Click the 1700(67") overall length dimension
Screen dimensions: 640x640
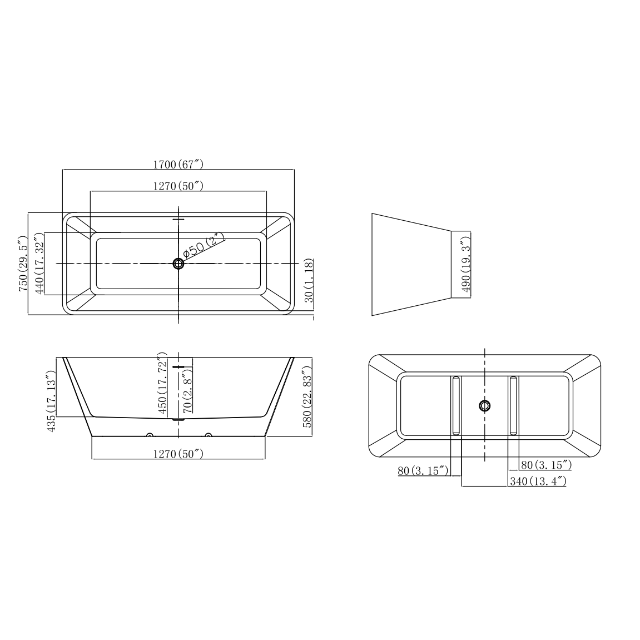(x=178, y=164)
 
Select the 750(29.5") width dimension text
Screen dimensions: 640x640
(x=23, y=264)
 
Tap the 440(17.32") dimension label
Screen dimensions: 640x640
(x=39, y=264)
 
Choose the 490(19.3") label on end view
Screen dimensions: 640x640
(x=466, y=264)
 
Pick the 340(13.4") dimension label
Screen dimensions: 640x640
(x=538, y=481)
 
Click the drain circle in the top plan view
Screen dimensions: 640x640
(x=178, y=264)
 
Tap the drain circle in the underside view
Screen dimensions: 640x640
(x=485, y=405)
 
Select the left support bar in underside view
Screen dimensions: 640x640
(x=456, y=405)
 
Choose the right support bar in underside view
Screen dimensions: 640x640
(x=513, y=405)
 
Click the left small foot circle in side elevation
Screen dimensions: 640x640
(x=149, y=435)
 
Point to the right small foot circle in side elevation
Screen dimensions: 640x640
(x=208, y=435)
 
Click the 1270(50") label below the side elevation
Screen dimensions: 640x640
(x=178, y=453)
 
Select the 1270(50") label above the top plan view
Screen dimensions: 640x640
(x=178, y=186)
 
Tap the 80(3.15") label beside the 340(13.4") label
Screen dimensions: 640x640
(x=546, y=464)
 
